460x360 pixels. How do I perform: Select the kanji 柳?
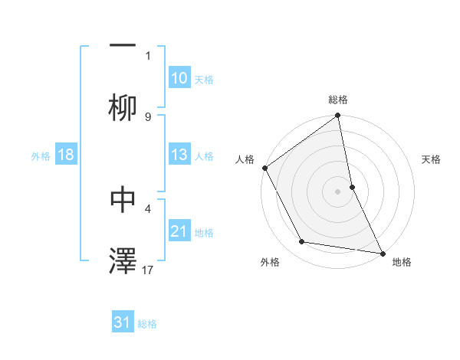tap(123, 108)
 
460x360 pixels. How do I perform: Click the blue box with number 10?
tap(179, 78)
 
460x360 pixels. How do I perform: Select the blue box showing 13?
tap(179, 155)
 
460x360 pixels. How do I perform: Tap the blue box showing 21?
tap(179, 231)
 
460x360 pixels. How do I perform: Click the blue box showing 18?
tap(66, 155)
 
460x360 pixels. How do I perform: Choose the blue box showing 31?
tap(123, 323)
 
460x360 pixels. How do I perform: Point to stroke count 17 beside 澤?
tap(148, 270)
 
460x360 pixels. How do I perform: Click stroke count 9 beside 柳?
tap(148, 116)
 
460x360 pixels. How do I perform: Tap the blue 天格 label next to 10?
tap(204, 79)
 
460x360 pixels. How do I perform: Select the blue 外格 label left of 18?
tap(41, 156)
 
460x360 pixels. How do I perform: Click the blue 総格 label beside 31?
tap(147, 324)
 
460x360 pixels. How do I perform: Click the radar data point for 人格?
tap(265, 168)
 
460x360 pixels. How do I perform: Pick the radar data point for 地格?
tap(382, 253)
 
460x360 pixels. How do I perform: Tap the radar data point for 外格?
tap(302, 242)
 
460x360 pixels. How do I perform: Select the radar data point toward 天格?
tap(352, 187)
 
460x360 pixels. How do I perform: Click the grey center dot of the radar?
tap(338, 191)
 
